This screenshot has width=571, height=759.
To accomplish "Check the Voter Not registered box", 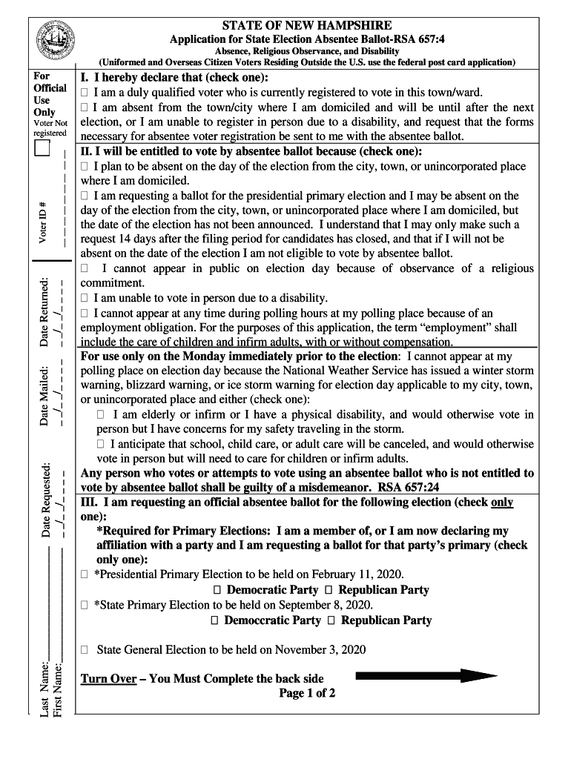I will point(42,150).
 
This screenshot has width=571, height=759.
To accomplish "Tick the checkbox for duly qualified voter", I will point(85,93).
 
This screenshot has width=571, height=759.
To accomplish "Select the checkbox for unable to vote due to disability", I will point(85,299).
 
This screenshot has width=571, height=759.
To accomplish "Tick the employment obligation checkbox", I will point(85,314).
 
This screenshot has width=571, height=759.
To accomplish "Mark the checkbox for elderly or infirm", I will point(101,415).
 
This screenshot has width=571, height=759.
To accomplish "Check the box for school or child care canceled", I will point(101,445).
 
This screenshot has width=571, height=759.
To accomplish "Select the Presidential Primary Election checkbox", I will point(85,575).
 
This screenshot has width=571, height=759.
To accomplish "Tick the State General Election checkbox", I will point(85,650).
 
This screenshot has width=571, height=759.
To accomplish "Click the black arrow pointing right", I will point(426,675).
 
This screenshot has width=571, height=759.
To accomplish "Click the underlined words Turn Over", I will point(108,678).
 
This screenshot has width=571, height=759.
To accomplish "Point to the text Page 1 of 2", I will point(307,693).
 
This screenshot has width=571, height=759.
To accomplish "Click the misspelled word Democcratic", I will point(272,620).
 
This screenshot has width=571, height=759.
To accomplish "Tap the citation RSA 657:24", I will point(409,487).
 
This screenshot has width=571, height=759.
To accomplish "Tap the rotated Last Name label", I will point(44,690).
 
